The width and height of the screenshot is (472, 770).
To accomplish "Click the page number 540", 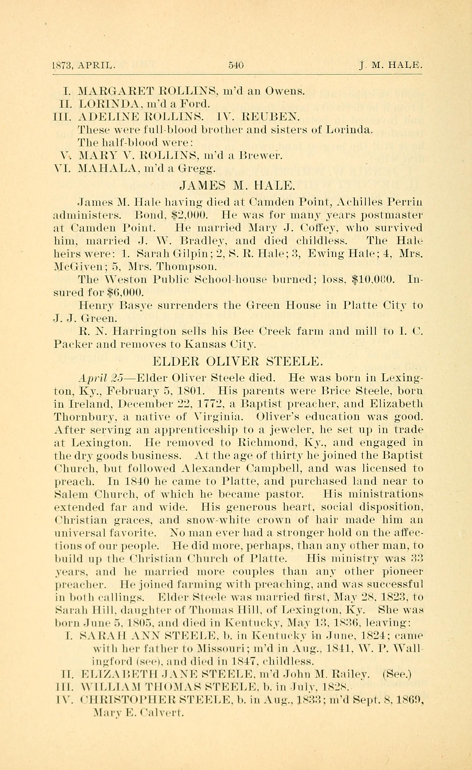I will click(236, 65).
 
